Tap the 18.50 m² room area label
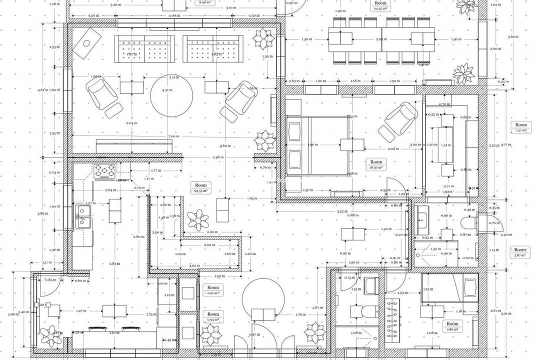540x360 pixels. coord(376,165)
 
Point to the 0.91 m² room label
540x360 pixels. coord(213,290)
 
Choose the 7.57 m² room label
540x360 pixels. coord(521,127)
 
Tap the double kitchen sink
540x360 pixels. coord(81,217)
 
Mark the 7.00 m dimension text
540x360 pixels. coord(173,136)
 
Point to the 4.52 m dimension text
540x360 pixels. coord(341,211)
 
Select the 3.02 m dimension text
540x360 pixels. coord(194,265)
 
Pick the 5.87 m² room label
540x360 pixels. coord(520,252)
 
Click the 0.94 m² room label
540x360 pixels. coord(213,316)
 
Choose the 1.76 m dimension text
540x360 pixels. coord(300,314)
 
